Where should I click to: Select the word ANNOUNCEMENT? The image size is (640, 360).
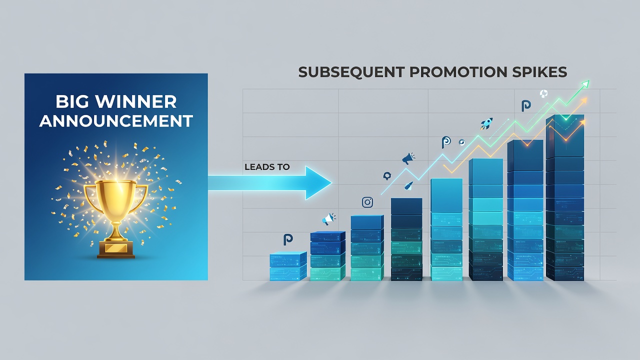(x=116, y=121)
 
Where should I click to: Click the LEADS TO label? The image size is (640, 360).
(x=267, y=167)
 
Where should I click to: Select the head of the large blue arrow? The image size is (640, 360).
(x=317, y=183)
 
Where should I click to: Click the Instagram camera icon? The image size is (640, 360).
(x=367, y=202)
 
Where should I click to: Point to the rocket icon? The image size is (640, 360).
(x=486, y=123)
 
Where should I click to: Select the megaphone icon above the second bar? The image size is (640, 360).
(x=328, y=219)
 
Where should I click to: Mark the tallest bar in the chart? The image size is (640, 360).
(x=564, y=197)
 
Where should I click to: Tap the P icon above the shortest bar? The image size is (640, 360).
(x=288, y=239)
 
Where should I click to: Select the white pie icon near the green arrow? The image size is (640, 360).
(x=543, y=93)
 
